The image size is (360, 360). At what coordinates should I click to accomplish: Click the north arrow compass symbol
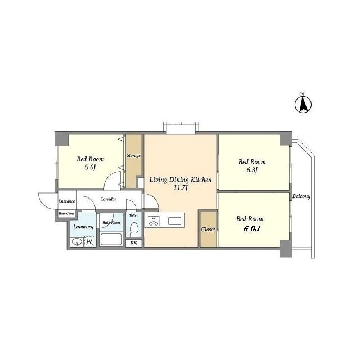(303, 105)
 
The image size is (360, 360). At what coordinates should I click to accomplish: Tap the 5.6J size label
(90, 167)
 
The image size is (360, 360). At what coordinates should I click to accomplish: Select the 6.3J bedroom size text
(252, 170)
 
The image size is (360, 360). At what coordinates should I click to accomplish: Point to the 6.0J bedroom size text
(251, 229)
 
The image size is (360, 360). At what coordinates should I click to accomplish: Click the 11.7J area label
(181, 188)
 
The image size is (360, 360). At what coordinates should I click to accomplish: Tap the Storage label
(134, 155)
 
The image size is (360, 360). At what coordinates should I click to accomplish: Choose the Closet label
(208, 229)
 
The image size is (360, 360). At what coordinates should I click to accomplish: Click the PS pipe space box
(134, 243)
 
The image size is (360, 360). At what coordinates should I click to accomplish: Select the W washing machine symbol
(90, 241)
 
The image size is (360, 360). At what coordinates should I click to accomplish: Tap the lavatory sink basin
(76, 242)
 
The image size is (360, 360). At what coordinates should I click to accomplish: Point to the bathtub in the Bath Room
(111, 239)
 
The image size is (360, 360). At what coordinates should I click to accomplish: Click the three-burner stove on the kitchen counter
(154, 221)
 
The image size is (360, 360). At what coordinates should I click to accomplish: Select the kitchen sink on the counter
(174, 221)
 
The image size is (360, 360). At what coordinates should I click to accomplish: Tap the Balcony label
(301, 196)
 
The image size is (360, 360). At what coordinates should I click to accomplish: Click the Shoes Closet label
(66, 214)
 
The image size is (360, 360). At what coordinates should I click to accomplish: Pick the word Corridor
(109, 199)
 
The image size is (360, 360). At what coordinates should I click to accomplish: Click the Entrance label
(66, 201)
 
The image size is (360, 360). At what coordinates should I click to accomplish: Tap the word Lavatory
(83, 227)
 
